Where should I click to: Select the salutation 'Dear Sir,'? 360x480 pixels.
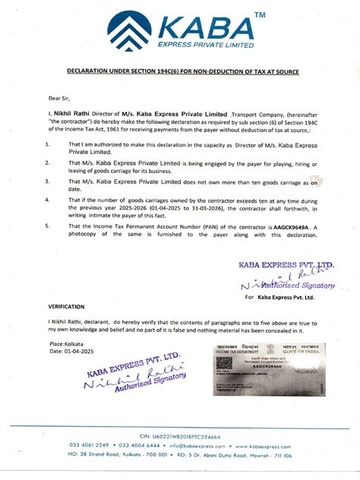pyautogui.click(x=60, y=98)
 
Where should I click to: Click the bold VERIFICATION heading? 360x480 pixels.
pyautogui.click(x=66, y=305)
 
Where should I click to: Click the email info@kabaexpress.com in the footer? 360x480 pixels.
pyautogui.click(x=198, y=446)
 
